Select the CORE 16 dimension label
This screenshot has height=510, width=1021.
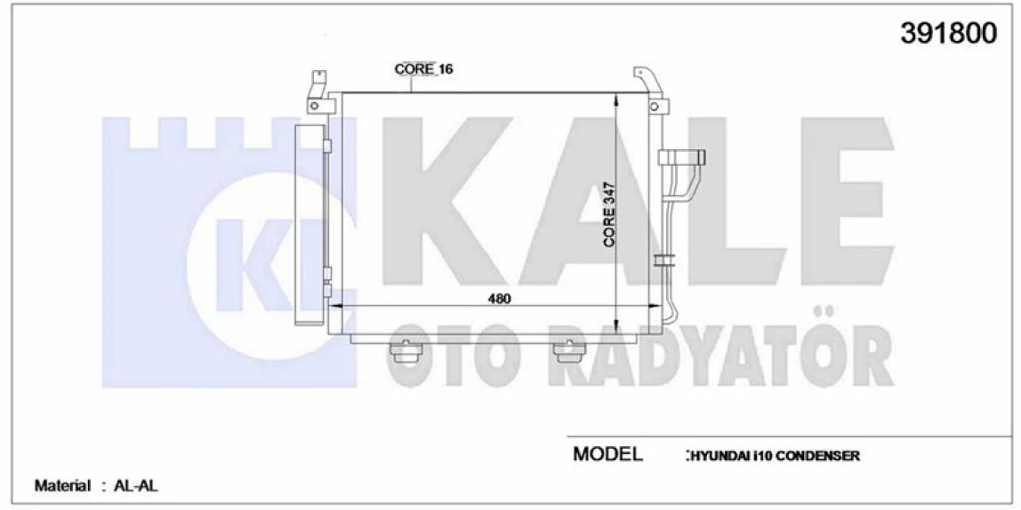click(423, 68)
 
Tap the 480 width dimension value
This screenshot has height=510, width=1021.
click(499, 299)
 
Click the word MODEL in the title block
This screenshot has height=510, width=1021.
click(607, 455)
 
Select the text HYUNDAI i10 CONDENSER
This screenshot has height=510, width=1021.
click(773, 456)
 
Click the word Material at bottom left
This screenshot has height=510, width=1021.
click(62, 486)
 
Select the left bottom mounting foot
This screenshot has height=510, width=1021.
click(405, 352)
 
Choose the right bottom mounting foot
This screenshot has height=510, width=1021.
click(566, 352)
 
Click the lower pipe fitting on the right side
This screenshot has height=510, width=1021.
click(665, 260)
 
